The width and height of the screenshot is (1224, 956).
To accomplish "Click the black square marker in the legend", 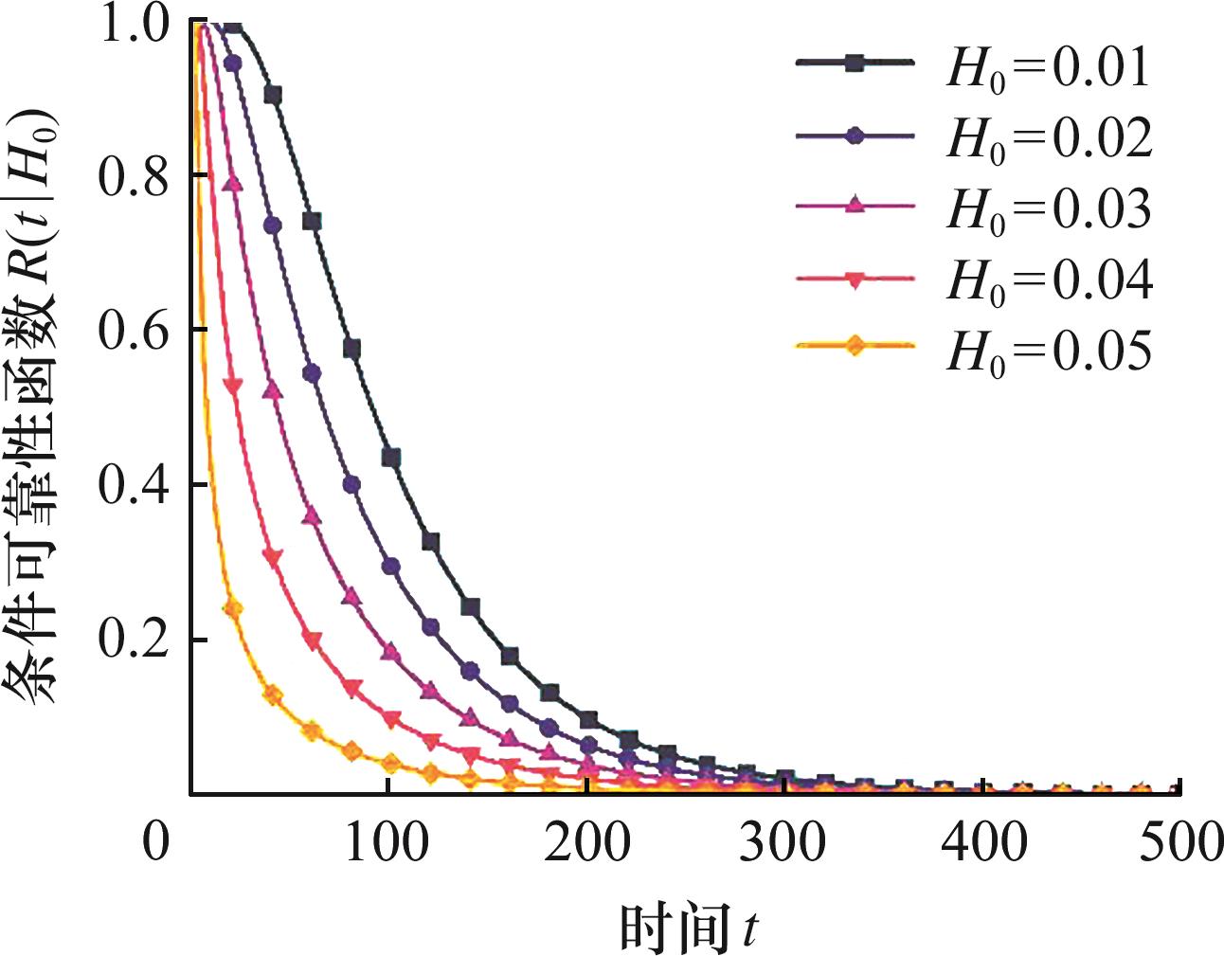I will tap(855, 63).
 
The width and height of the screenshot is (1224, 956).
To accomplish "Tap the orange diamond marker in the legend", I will tap(855, 346).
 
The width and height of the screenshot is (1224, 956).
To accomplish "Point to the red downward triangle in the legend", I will tap(855, 279).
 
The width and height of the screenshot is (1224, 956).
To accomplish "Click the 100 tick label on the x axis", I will tap(387, 842).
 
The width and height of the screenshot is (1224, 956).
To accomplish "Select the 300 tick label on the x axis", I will tap(783, 842).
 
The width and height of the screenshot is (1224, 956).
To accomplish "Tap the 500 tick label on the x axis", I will tap(1180, 842).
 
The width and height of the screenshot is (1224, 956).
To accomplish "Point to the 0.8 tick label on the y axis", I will tap(134, 176).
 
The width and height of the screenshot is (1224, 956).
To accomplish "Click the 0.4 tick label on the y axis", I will tap(134, 485).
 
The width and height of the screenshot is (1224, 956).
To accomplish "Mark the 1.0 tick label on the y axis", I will tap(134, 25).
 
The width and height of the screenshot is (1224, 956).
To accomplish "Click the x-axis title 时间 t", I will tap(688, 928).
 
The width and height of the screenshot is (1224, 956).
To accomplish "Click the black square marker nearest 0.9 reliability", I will tap(273, 95).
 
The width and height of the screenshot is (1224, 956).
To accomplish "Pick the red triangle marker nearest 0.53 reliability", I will tap(232, 385).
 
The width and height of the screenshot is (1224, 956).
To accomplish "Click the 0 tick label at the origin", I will tap(155, 842).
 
